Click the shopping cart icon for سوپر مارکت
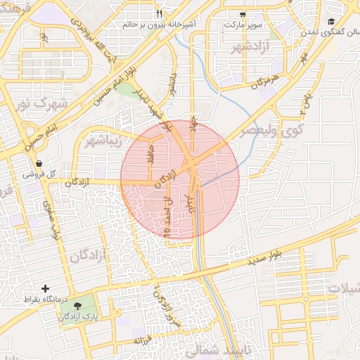pyautogui.click(x=243, y=13)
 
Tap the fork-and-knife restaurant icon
pyautogui.click(x=160, y=13)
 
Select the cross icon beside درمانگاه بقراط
pyautogui.click(x=46, y=288)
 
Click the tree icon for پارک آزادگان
pyautogui.click(x=77, y=306)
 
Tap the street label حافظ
pyautogui.click(x=150, y=154)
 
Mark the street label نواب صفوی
pyautogui.click(x=51, y=219)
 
